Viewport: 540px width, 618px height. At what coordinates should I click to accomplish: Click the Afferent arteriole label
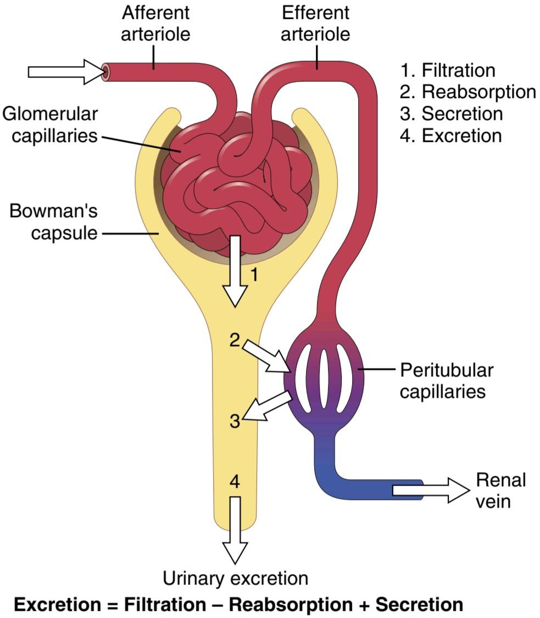[155, 23]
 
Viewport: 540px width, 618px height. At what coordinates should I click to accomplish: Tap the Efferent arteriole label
[315, 23]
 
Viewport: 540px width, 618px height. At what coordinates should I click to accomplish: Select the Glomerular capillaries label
[50, 125]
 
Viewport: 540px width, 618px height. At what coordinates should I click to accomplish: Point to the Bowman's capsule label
[53, 221]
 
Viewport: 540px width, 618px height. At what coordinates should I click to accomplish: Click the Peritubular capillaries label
[447, 381]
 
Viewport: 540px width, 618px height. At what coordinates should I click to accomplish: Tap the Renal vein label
[501, 491]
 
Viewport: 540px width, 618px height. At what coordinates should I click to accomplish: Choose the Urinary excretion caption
[235, 578]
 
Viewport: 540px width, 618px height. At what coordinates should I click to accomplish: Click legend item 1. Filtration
[448, 70]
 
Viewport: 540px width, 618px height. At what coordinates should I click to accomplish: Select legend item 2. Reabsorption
[468, 92]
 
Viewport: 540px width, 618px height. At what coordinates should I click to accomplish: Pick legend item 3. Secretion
[452, 114]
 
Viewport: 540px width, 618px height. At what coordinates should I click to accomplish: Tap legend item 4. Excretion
[450, 136]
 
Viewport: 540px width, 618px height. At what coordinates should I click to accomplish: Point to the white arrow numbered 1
[235, 271]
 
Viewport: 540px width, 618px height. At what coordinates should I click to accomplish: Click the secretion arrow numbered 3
[267, 405]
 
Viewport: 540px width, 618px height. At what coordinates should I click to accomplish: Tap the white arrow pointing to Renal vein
[431, 491]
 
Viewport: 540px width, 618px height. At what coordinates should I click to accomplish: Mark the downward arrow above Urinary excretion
[235, 530]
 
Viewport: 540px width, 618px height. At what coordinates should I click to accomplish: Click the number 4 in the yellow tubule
[235, 482]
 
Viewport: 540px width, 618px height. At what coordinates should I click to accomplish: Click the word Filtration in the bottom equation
[165, 604]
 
